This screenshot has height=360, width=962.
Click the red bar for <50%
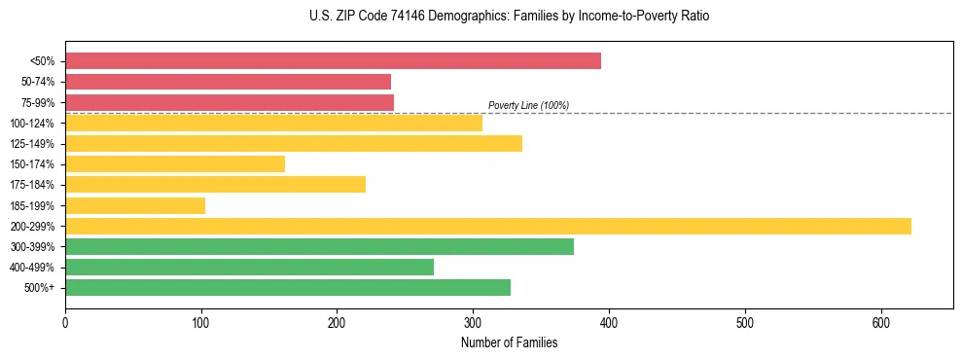[x=333, y=61]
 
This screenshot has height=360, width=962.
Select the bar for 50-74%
[x=228, y=82]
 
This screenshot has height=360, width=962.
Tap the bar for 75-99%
[x=230, y=102]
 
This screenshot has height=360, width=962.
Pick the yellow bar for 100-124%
[x=273, y=123]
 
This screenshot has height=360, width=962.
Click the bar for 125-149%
[x=294, y=144]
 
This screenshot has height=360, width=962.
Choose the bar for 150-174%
[x=175, y=164]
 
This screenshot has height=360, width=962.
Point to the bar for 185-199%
[x=135, y=205]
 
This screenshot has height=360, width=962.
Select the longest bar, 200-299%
[x=488, y=227]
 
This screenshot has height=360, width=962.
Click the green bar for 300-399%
[x=319, y=247]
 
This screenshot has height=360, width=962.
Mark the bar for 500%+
[x=288, y=288]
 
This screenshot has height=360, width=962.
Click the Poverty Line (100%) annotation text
[x=528, y=105]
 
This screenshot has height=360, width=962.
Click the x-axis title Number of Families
[x=509, y=342]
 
